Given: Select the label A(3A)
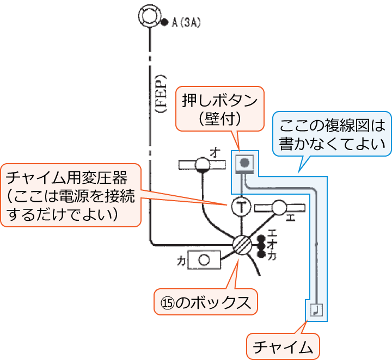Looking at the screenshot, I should click(186, 23).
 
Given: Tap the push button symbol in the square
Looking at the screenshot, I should click(246, 163).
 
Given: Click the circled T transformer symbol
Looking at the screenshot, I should click(240, 206).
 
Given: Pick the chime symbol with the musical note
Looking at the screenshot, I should click(316, 310).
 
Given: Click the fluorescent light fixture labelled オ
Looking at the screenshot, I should click(203, 165).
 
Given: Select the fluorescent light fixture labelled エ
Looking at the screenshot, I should click(279, 206).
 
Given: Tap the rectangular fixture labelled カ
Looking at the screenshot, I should click(204, 259).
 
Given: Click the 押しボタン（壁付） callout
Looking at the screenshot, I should click(219, 108).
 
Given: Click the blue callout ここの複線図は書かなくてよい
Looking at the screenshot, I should click(332, 135).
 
